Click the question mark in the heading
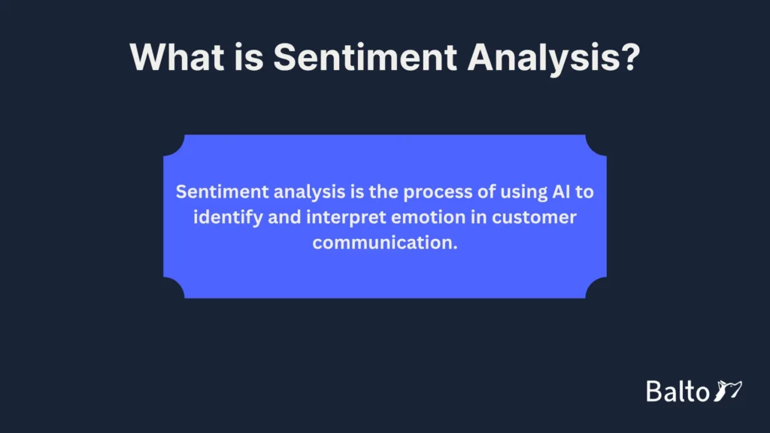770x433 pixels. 628,57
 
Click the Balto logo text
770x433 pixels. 677,391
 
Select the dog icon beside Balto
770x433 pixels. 727,390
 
